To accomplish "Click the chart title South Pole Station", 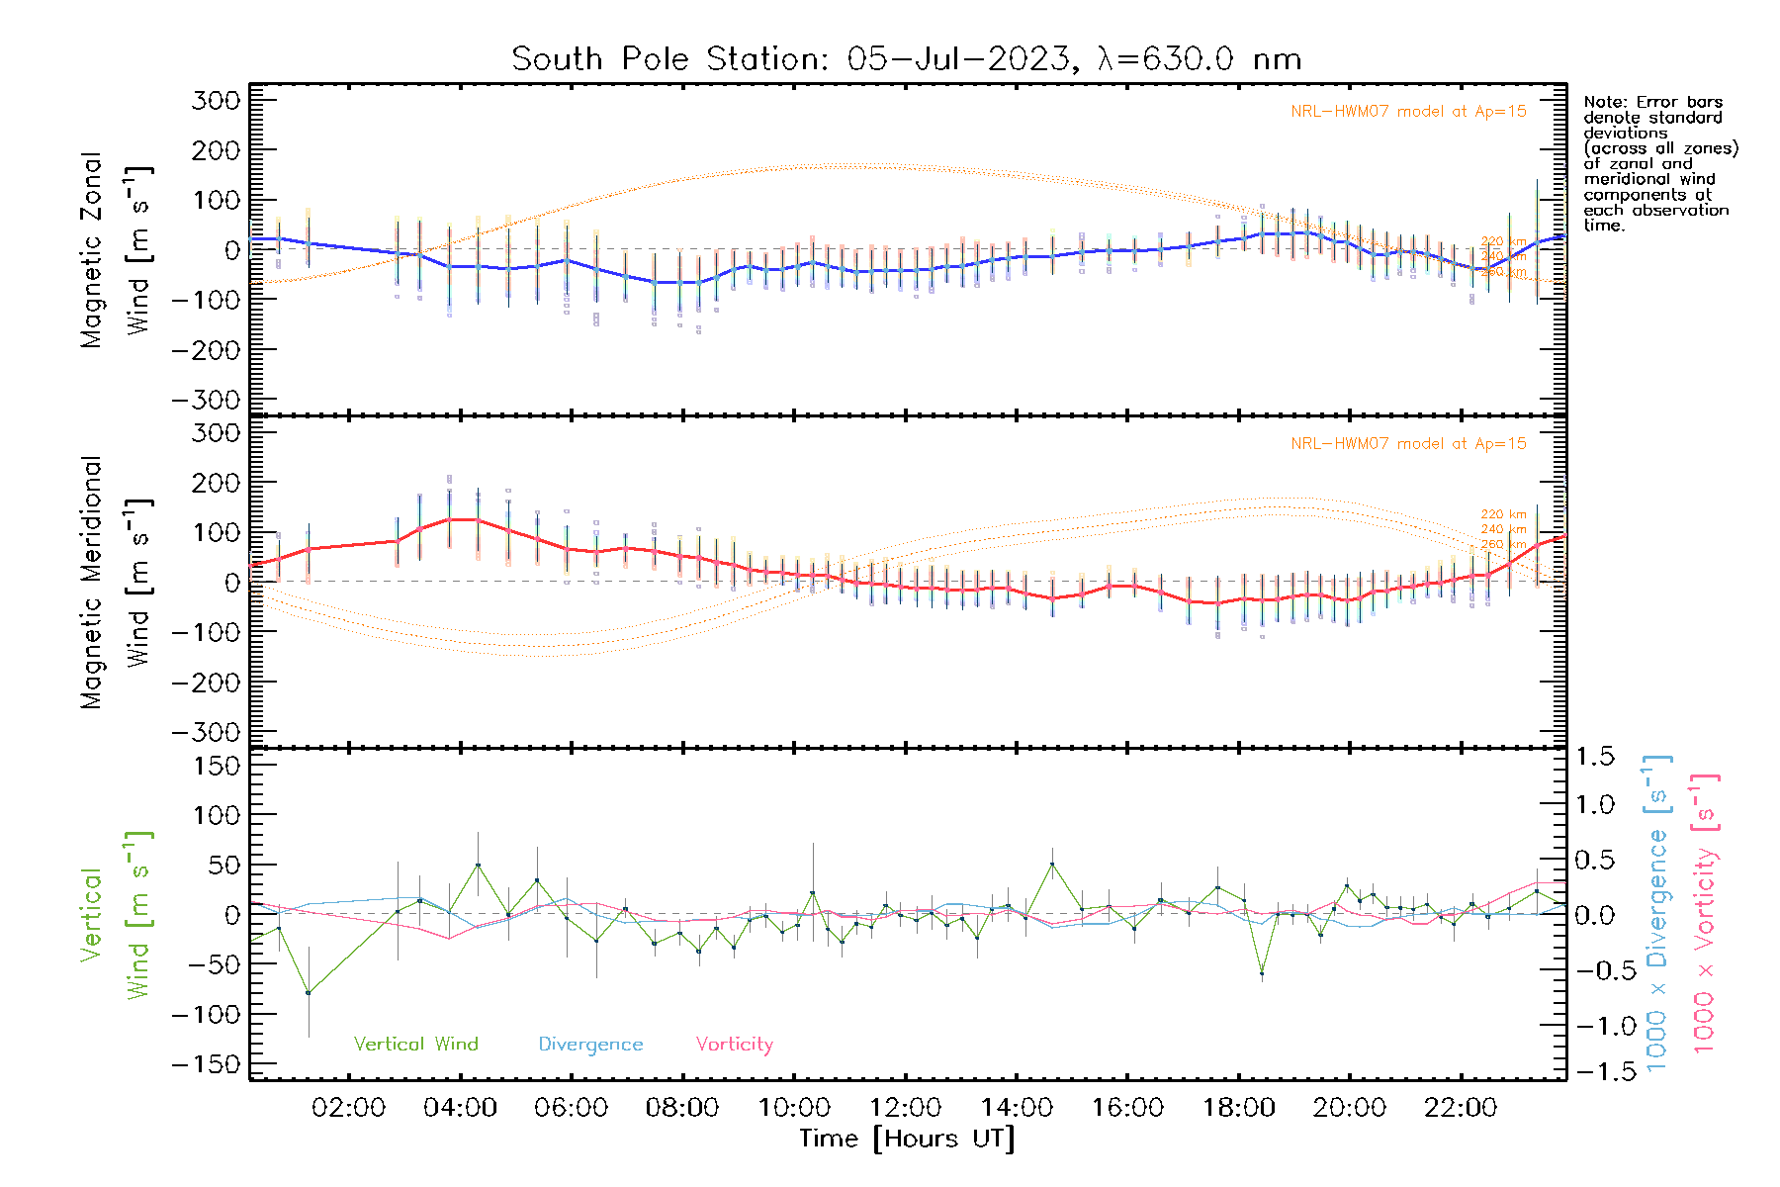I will pos(905,59).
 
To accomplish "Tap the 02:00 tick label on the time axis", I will pos(348,1108).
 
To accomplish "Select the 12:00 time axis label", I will pos(905,1108).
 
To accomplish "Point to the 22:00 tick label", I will pos(1461,1108).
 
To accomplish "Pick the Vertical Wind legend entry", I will pos(415,1045).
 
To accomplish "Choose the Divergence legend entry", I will pos(590,1045).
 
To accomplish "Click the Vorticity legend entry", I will pos(734,1045).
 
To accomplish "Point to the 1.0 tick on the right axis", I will pos(1594,804).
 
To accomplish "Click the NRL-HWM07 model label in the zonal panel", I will pos(1408,112).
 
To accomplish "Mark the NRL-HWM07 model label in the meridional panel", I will pos(1408,444).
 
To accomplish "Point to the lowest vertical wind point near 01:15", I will pos(309,993).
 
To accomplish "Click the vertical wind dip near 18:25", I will pos(1262,974).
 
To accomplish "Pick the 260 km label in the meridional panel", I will pos(1503,545).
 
